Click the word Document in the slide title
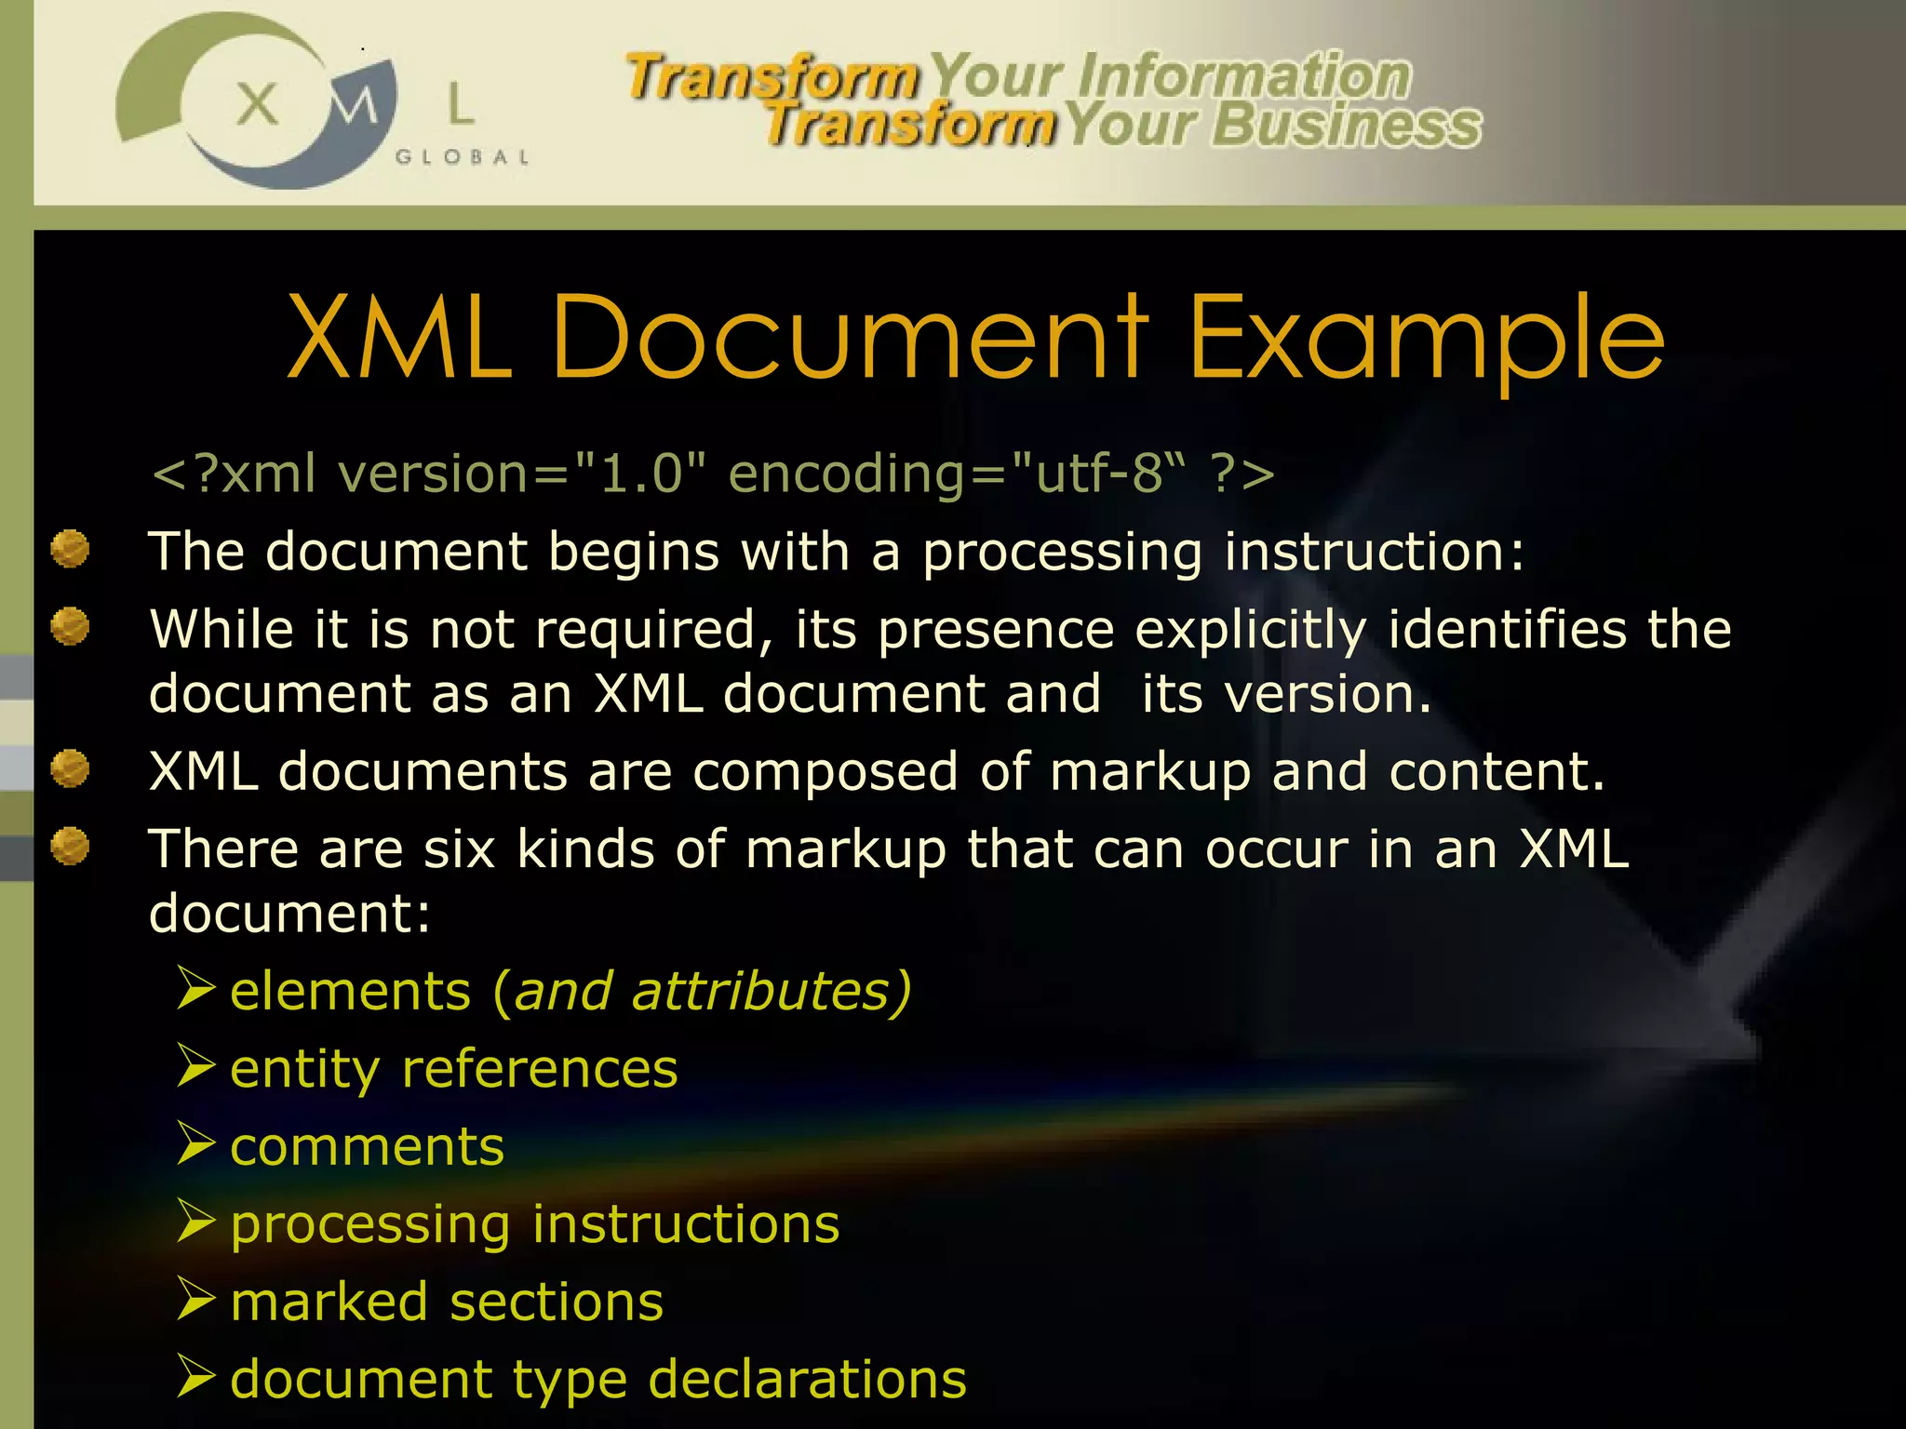(x=851, y=337)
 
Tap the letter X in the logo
(x=257, y=103)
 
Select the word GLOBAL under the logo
(x=462, y=157)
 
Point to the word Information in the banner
(x=1244, y=76)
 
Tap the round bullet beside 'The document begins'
(x=70, y=549)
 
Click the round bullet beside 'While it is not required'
(x=70, y=626)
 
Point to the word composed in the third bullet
(x=825, y=772)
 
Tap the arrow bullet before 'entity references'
(x=196, y=1066)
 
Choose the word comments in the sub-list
(x=367, y=1146)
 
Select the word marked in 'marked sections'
(x=329, y=1302)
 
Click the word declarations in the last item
(x=807, y=1379)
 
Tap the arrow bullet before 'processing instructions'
(x=196, y=1222)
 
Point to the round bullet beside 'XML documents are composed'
(x=70, y=769)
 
